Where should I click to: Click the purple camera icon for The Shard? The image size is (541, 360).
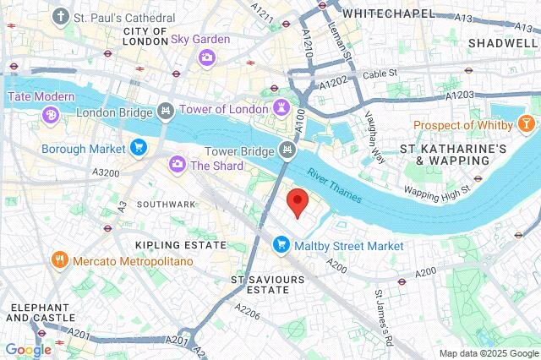178,165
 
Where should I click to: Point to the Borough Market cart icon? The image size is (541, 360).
139,149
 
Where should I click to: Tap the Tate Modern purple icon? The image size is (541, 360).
51,114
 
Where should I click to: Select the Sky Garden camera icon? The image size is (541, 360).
206,57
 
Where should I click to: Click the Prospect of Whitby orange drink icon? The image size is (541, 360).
526,126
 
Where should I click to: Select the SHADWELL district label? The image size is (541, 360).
502,42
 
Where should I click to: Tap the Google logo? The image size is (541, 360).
28,349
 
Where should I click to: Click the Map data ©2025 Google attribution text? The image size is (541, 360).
488,352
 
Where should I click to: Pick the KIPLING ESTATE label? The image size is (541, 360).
181,245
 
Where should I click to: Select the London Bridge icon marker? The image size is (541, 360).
166,112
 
